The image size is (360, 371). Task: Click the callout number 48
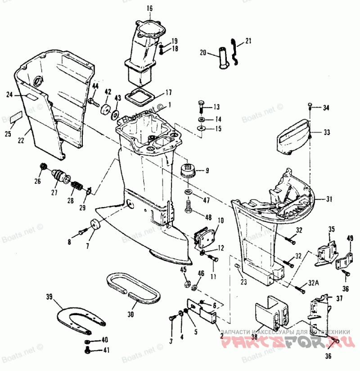(x=207, y=217)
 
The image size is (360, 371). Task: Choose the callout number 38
(x=255, y=335)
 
